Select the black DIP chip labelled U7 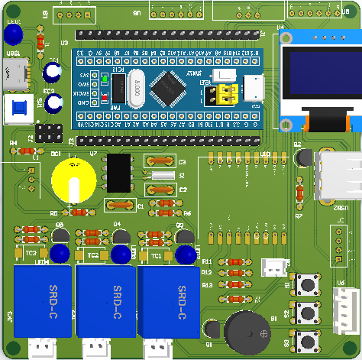pyautogui.click(x=119, y=173)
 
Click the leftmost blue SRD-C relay pyautogui.click(x=42, y=301)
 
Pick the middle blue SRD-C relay pyautogui.click(x=105, y=302)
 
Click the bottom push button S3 pyautogui.click(x=309, y=339)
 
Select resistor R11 pyautogui.click(x=234, y=262)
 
